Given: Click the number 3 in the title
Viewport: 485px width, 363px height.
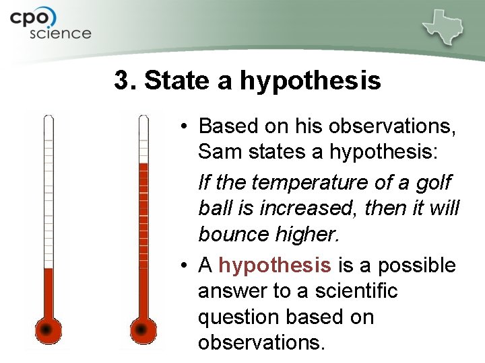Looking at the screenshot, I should pos(121,81).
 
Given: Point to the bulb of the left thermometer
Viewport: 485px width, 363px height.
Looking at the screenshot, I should pos(47,329).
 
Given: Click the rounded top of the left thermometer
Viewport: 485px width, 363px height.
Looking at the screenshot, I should pos(48,119).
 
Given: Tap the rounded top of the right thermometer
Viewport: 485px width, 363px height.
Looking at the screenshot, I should pos(143,119).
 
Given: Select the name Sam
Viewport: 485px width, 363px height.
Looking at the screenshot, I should pos(220,152).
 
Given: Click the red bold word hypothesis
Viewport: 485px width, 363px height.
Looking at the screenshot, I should pos(274,266).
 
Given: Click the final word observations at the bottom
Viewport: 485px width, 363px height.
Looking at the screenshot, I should pos(261,343).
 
